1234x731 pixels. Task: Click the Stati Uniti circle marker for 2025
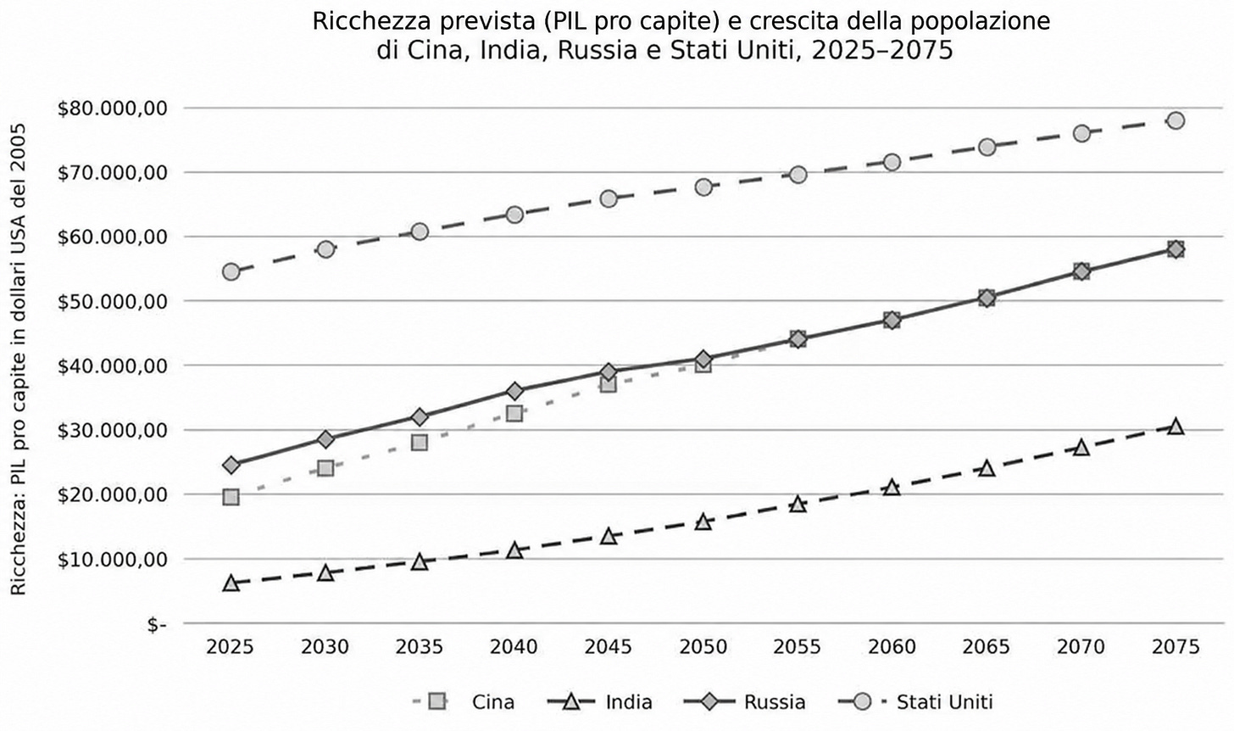231,271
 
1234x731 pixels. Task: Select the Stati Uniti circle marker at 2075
1176,120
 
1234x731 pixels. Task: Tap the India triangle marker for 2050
703,522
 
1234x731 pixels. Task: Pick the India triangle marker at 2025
231,583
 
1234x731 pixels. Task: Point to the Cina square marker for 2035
420,443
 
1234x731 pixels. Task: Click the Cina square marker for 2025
231,497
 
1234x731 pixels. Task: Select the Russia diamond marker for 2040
514,392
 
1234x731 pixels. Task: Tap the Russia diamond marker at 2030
325,439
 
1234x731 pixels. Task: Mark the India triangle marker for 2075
1176,427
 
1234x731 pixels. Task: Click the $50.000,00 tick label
112,302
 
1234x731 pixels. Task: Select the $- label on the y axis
157,625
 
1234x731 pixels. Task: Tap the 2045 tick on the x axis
609,647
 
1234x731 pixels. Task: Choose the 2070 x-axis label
1081,647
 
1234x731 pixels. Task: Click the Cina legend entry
464,702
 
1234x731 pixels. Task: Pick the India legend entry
600,702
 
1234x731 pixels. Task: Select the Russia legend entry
744,702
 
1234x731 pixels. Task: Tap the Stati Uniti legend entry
915,702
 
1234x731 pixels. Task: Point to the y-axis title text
19,360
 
